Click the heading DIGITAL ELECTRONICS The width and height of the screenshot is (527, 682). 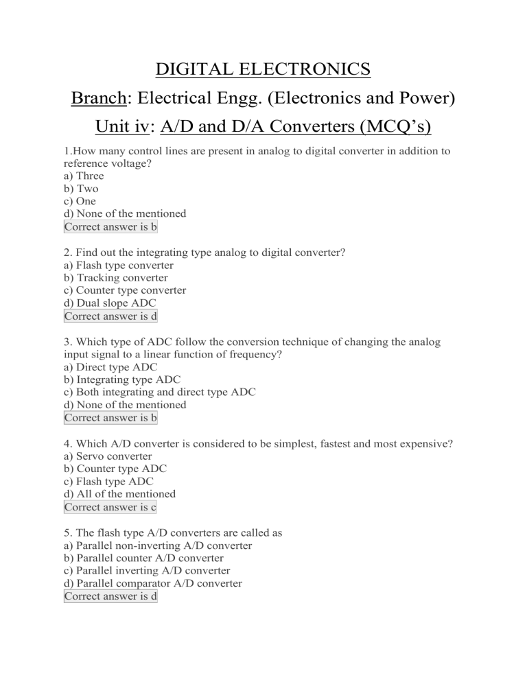pyautogui.click(x=263, y=70)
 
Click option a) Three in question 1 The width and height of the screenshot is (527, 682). pyautogui.click(x=83, y=176)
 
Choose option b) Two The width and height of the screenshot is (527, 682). pyautogui.click(x=80, y=189)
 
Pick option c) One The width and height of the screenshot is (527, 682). pyautogui.click(x=80, y=201)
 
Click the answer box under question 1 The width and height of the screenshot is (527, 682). pyautogui.click(x=110, y=227)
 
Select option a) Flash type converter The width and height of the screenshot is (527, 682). pyautogui.click(x=118, y=265)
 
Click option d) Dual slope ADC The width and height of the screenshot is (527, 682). pyautogui.click(x=108, y=303)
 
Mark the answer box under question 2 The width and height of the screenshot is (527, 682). pyautogui.click(x=110, y=316)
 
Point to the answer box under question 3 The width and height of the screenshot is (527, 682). pyautogui.click(x=110, y=418)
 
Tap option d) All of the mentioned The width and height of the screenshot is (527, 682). pyautogui.click(x=119, y=494)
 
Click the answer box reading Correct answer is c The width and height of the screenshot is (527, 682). pyautogui.click(x=110, y=507)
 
